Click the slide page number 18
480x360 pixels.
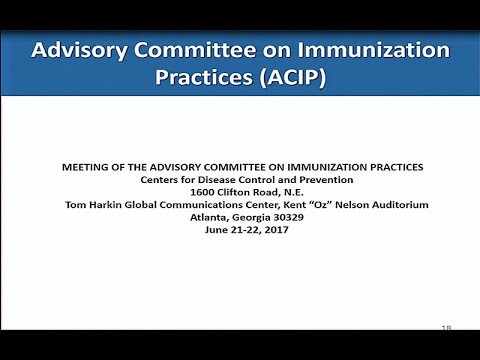tap(446, 327)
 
